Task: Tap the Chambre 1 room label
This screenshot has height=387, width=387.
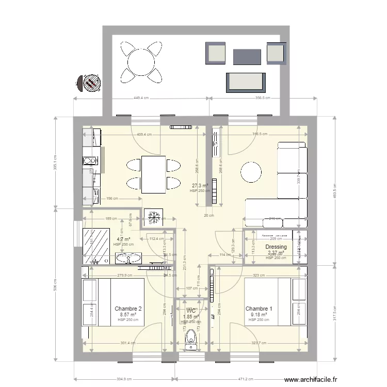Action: click(259, 308)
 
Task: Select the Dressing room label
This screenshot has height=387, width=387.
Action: click(276, 247)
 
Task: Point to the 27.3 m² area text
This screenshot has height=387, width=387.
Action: click(200, 185)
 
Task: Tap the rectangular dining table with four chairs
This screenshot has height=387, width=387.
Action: click(153, 174)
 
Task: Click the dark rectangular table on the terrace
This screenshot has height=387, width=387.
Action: click(247, 56)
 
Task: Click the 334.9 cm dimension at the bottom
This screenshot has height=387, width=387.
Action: click(124, 378)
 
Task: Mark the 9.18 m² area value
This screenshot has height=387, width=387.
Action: click(259, 314)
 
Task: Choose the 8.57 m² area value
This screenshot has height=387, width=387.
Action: click(128, 314)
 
